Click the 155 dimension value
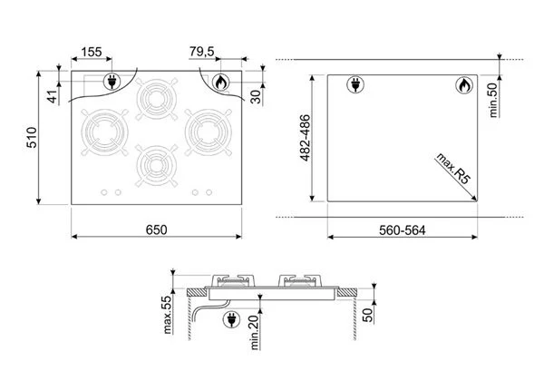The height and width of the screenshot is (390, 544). coord(92,52)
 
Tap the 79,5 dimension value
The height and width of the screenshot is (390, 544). coord(202,52)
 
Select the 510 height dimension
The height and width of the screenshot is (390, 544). coord(32,138)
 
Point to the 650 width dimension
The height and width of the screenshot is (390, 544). coord(156,229)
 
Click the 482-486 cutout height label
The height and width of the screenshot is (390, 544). coord(305,138)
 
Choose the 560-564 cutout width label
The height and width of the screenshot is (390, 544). coord(402,230)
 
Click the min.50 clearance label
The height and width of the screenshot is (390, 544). coord(493,101)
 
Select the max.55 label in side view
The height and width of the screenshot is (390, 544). coord(167,315)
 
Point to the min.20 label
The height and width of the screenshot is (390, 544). coord(255,332)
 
